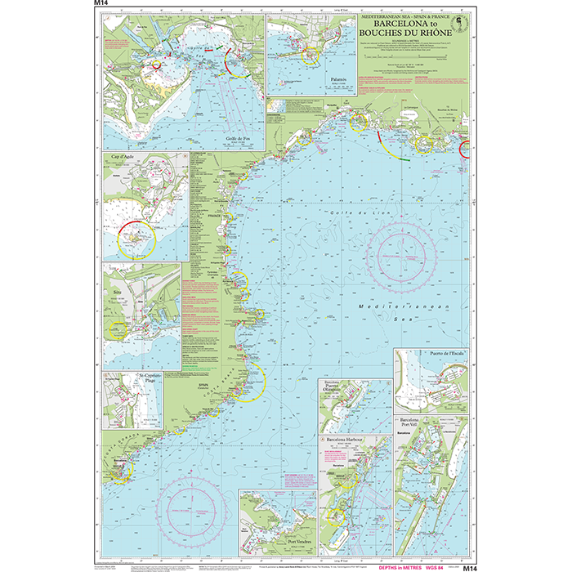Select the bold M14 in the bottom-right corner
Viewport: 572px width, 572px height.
click(x=468, y=565)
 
